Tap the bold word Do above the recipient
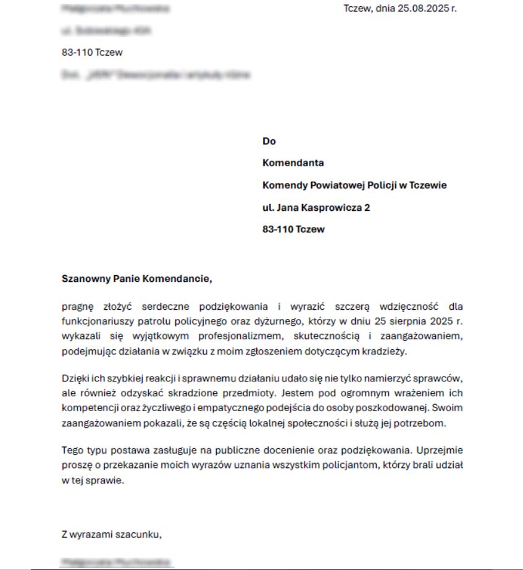click(269, 141)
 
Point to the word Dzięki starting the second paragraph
click(75, 378)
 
